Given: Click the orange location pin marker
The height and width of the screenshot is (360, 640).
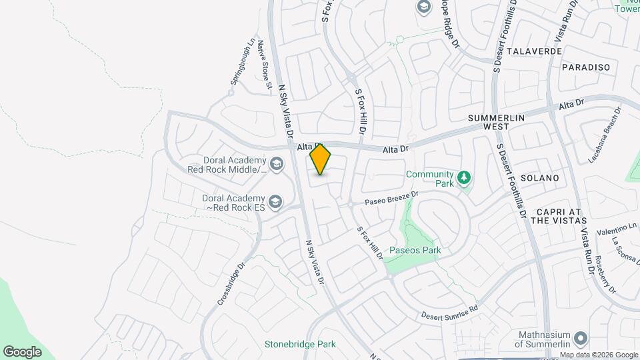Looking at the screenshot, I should pos(321,159).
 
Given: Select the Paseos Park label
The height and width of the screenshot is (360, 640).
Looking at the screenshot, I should pos(417,251).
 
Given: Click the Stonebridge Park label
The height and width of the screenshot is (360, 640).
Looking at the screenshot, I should pos(299,344).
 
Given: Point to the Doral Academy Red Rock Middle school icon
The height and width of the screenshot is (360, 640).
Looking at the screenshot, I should pos(275,163).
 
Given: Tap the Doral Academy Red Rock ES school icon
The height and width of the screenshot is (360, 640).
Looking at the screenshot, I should pos(275,201).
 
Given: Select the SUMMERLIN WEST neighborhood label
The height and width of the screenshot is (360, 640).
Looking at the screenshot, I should pos(497,122).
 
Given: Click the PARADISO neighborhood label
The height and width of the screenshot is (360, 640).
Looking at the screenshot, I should pos(586,67).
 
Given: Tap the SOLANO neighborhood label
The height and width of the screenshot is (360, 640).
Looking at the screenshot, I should pos(539,178).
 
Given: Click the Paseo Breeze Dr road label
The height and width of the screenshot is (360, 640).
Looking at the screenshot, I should pos(391,198).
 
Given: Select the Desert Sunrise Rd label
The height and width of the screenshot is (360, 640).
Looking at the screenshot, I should pos(450,311).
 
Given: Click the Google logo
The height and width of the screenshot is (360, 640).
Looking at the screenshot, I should pos(22,351).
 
